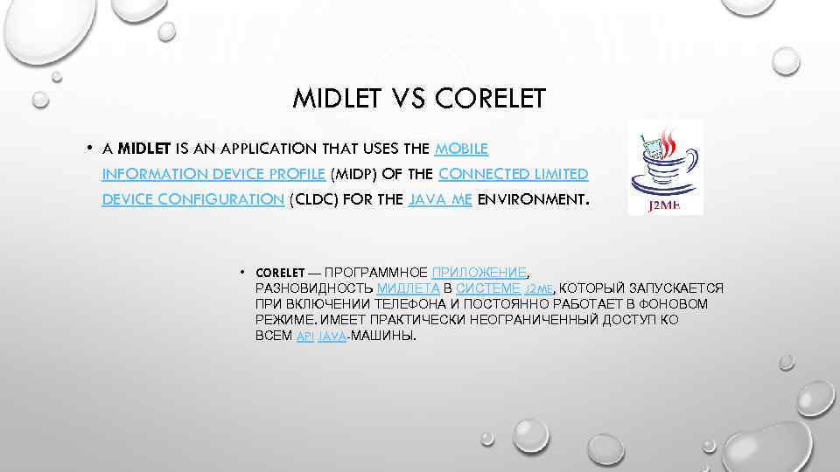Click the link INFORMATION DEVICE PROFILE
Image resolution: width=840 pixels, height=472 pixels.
click(x=213, y=173)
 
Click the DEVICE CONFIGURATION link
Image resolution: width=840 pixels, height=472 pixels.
click(x=192, y=199)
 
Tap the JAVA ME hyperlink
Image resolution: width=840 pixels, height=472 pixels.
click(x=440, y=199)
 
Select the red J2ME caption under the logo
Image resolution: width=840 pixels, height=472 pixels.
click(x=664, y=207)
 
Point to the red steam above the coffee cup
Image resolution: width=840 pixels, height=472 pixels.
click(x=671, y=140)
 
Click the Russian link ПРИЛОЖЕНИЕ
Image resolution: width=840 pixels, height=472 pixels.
click(x=479, y=273)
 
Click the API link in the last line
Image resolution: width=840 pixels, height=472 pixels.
click(x=304, y=337)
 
